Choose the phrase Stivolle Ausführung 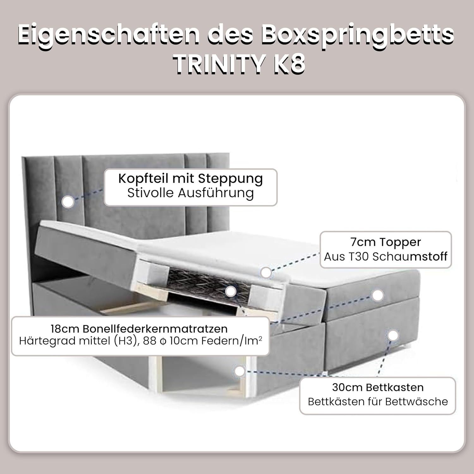pyautogui.click(x=191, y=193)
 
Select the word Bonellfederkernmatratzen pyautogui.click(x=155, y=329)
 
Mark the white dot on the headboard pyautogui.click(x=68, y=202)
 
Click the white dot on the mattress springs pyautogui.click(x=231, y=291)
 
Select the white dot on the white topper pyautogui.click(x=266, y=272)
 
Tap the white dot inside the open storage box pyautogui.click(x=240, y=371)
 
